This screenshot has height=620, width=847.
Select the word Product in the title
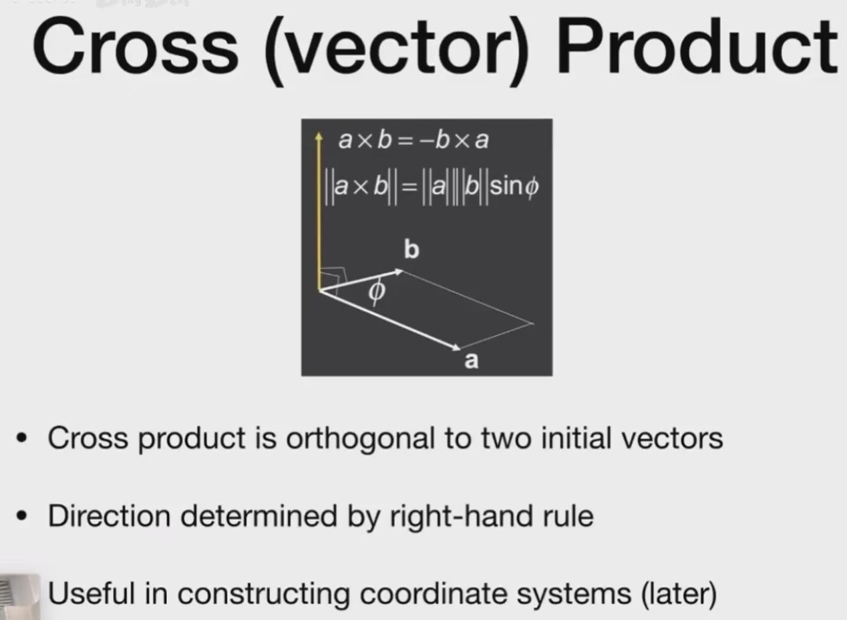(696, 47)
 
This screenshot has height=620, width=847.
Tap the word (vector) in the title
(397, 51)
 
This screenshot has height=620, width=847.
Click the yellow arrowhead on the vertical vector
(319, 137)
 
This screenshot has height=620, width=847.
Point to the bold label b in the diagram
(411, 250)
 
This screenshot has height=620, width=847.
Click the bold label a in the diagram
(471, 360)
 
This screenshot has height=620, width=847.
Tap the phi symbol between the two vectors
(377, 291)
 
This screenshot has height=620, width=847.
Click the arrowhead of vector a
(456, 347)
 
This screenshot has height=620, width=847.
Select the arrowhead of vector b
(399, 272)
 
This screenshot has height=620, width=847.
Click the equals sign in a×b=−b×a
(406, 141)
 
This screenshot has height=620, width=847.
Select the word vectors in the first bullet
(672, 438)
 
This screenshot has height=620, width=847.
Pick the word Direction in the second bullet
(110, 516)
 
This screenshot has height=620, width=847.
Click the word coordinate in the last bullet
(434, 593)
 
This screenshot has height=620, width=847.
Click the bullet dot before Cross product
(22, 438)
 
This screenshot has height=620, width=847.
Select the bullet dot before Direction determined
(22, 516)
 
